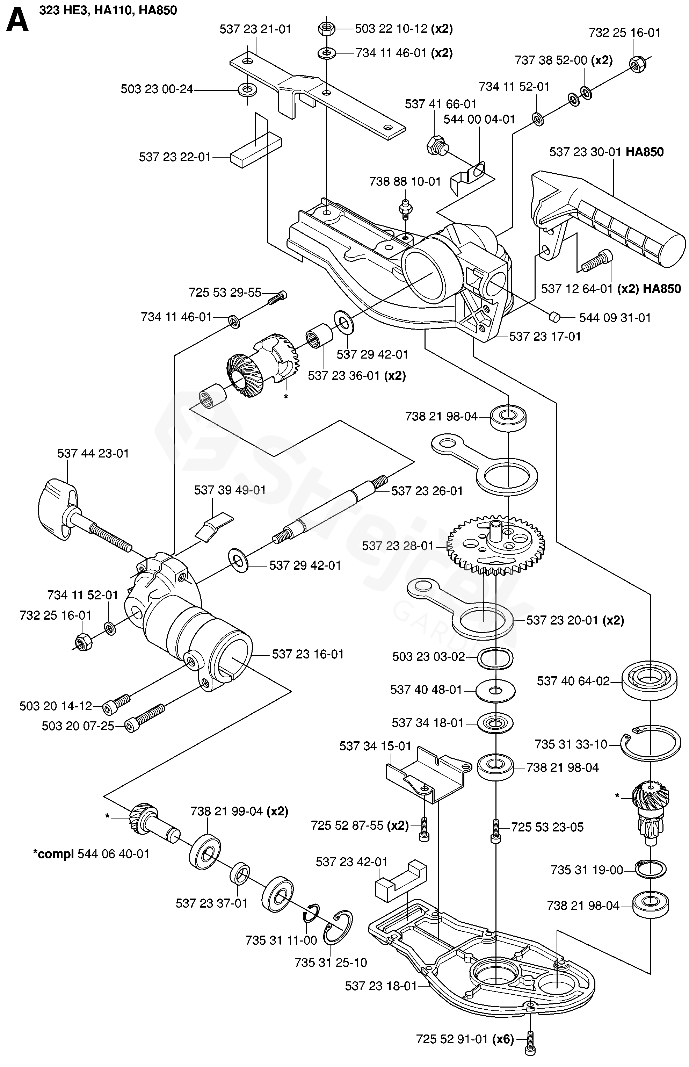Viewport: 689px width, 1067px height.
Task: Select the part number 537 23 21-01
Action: (255, 30)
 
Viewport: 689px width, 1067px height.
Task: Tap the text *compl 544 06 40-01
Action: (91, 854)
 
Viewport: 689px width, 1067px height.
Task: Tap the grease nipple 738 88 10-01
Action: (405, 209)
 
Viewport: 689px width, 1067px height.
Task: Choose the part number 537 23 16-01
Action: (308, 654)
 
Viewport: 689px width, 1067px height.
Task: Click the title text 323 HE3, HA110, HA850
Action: (108, 10)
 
